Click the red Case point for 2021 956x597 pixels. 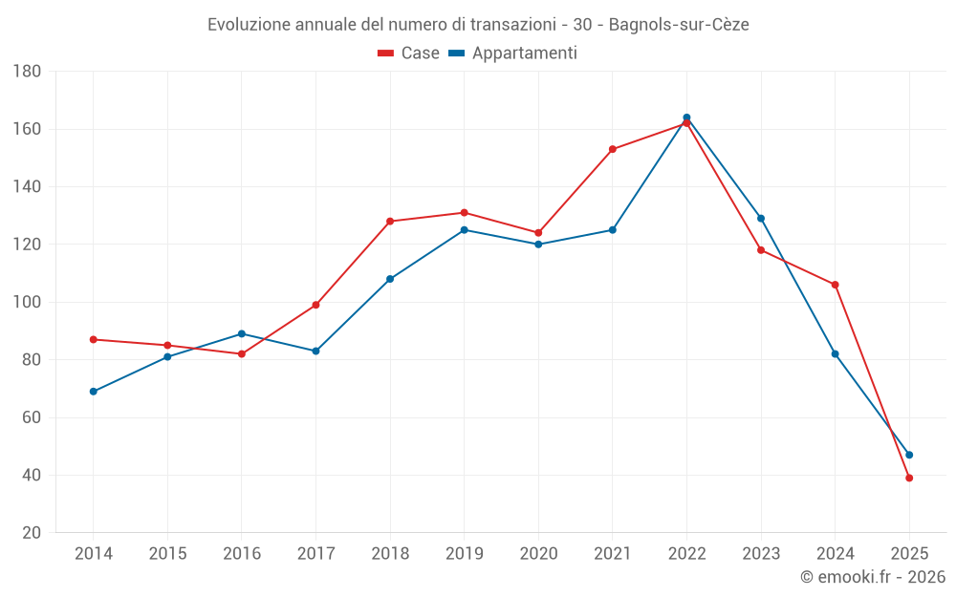click(x=613, y=149)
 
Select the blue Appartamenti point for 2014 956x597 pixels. click(x=94, y=392)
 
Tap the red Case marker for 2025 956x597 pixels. click(x=909, y=478)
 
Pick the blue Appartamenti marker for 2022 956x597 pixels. click(x=686, y=117)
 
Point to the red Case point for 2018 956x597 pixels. click(x=390, y=222)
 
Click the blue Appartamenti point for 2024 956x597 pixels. click(x=836, y=354)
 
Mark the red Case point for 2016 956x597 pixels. click(x=242, y=354)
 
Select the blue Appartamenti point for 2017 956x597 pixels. click(x=316, y=352)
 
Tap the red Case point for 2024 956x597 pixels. click(x=836, y=285)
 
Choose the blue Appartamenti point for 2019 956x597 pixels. click(x=465, y=230)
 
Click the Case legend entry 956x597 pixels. click(x=409, y=53)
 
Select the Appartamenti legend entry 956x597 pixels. click(x=513, y=53)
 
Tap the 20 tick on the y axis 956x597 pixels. click(x=32, y=533)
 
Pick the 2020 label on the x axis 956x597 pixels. click(x=538, y=554)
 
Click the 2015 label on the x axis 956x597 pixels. click(x=167, y=554)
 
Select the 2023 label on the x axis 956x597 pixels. click(x=761, y=554)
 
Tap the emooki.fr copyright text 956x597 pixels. click(x=873, y=577)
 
